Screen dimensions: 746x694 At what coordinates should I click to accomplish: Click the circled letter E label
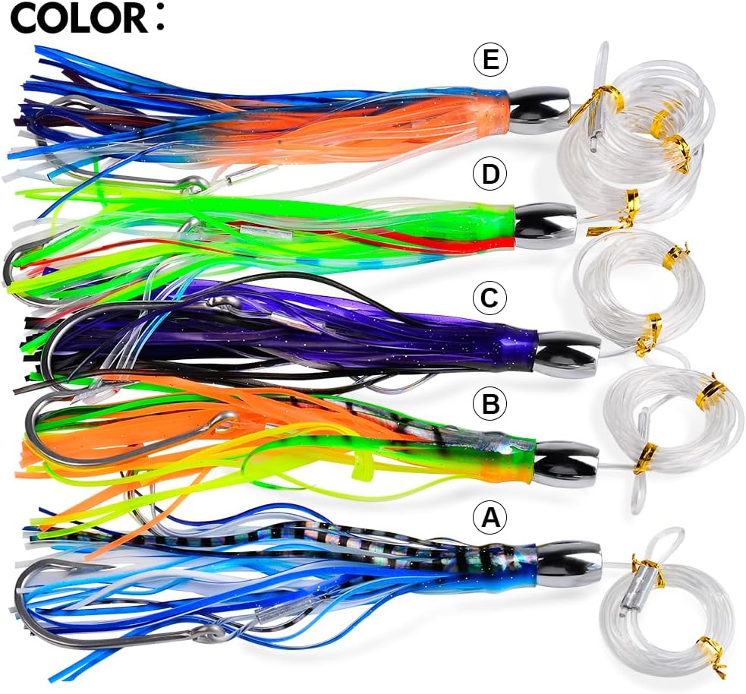[x=491, y=61]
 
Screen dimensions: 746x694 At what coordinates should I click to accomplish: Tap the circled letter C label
[x=490, y=298]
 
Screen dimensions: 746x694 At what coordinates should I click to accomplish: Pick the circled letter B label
[x=490, y=405]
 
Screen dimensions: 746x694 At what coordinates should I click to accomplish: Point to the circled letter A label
[x=490, y=518]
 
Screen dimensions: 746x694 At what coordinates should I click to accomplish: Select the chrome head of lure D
[x=546, y=226]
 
